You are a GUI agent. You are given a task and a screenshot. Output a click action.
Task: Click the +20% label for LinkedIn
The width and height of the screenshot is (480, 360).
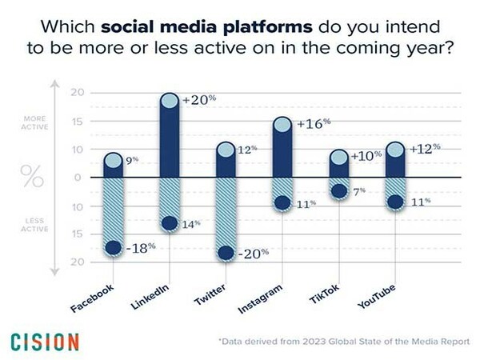199,99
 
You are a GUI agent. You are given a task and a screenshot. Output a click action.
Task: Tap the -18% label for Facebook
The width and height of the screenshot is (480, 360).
141,248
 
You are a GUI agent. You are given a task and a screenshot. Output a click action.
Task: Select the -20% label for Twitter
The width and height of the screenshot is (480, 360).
253,253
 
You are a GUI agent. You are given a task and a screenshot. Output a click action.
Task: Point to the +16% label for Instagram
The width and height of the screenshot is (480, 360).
314,123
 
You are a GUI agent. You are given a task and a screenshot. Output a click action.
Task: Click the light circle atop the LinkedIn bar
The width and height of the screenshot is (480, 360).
170,101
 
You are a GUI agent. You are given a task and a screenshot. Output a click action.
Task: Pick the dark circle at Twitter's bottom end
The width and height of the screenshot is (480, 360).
226,253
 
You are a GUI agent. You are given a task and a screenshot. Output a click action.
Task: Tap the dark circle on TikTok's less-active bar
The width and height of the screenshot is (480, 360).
339,191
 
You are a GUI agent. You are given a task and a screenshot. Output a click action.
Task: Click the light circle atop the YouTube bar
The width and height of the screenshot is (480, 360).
395,150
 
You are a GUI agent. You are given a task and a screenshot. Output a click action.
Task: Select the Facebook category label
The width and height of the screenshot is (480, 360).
92,298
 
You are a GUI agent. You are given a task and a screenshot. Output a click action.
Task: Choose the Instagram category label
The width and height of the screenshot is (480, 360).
260,298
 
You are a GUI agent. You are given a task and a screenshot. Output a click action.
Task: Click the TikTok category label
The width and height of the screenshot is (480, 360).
325,294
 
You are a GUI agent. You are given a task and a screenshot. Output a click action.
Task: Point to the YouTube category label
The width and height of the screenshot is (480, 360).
376,296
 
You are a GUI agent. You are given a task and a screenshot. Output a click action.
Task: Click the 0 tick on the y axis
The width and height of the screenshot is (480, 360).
78,178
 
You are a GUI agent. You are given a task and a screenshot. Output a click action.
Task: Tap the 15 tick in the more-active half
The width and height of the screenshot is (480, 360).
78,122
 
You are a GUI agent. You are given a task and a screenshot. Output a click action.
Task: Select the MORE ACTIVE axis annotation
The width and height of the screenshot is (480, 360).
34,122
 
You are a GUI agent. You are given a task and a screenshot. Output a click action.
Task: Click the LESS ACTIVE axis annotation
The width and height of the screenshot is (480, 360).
34,225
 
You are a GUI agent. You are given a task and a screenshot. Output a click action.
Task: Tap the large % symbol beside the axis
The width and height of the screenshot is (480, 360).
32,176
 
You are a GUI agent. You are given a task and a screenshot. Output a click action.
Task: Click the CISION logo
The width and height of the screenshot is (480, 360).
45,342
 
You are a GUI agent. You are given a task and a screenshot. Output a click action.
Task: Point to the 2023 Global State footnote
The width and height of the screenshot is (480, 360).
344,342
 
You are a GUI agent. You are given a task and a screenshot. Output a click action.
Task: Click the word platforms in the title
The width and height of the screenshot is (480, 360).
268,27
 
